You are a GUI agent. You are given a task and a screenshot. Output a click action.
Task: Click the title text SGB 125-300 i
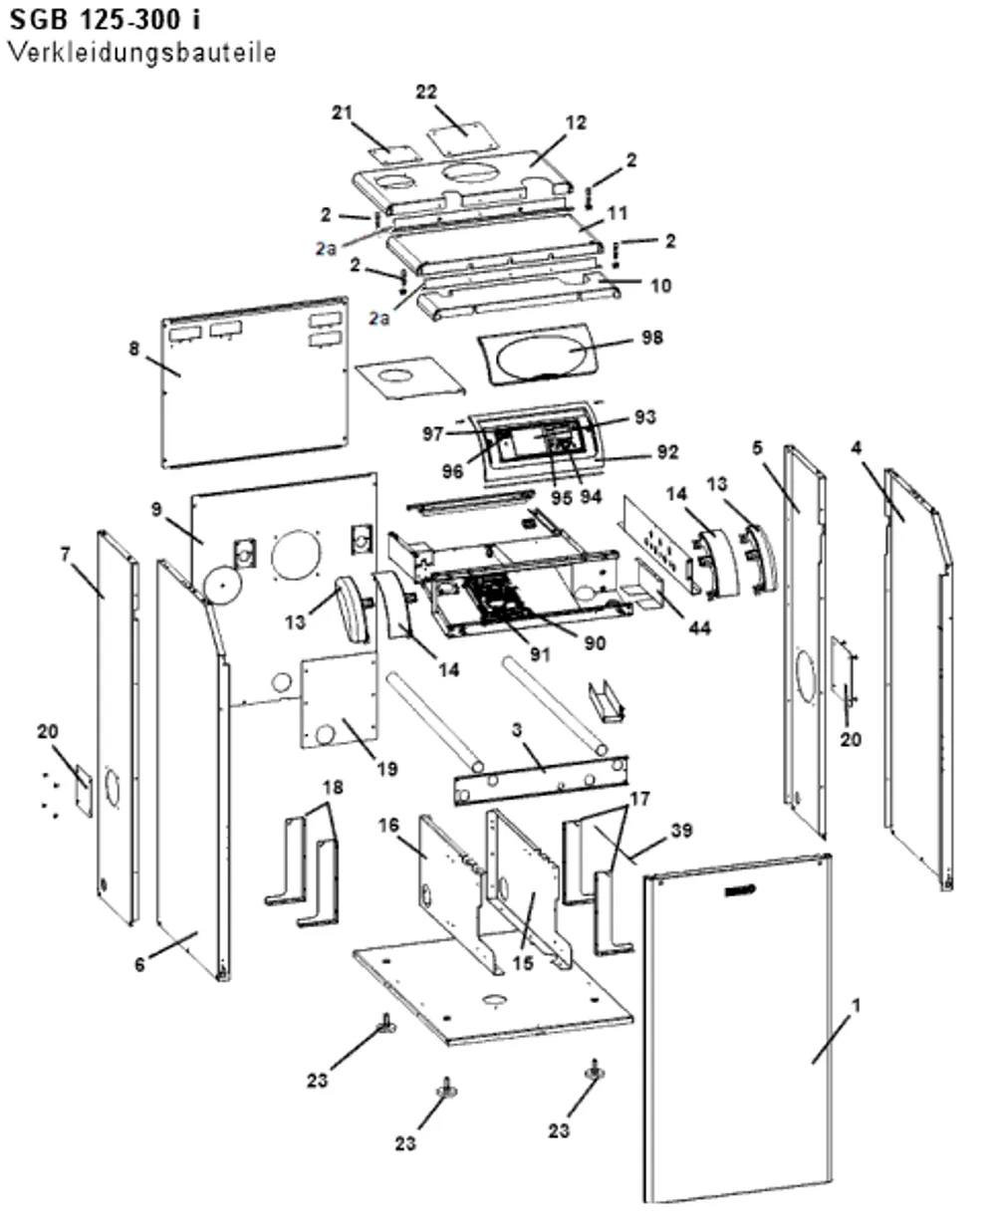(106, 20)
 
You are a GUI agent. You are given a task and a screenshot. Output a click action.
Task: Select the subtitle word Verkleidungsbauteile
(142, 53)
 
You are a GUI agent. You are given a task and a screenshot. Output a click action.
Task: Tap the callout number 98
(651, 338)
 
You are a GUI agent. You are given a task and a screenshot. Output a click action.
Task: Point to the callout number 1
(857, 1005)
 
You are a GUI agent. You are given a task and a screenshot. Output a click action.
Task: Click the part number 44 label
(700, 627)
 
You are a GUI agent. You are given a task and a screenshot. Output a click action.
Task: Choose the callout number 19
(386, 769)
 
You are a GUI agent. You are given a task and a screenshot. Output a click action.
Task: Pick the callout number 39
(681, 831)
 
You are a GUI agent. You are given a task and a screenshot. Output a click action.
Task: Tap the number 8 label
(133, 349)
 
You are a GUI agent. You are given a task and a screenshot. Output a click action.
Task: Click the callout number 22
(426, 92)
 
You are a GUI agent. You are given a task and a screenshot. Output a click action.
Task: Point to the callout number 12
(576, 123)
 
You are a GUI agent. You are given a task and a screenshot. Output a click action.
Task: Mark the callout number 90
(595, 642)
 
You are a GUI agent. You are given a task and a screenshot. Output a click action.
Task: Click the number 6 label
(139, 964)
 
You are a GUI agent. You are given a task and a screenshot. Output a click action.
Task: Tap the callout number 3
(517, 730)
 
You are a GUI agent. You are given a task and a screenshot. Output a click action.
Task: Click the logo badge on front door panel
(740, 891)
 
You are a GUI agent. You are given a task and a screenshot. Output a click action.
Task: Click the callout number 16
(388, 826)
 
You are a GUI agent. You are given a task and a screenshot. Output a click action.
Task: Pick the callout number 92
(667, 451)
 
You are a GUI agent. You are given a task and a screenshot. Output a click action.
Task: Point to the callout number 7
(65, 555)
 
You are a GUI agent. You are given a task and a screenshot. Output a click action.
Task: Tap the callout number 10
(660, 285)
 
